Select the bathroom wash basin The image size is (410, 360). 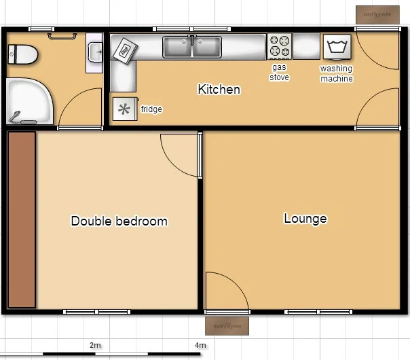[94, 52]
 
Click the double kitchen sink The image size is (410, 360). [192, 48]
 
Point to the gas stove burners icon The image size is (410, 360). [279, 47]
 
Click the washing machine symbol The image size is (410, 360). [337, 48]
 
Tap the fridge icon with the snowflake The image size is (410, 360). [124, 109]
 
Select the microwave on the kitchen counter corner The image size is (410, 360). [124, 49]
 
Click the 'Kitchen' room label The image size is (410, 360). [219, 89]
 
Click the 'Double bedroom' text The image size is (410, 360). [119, 221]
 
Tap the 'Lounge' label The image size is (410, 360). [305, 218]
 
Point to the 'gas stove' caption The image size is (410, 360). [280, 73]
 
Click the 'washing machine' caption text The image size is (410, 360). [337, 73]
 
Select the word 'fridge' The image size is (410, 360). [151, 109]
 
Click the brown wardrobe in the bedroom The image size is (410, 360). [22, 219]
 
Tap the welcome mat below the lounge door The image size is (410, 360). [227, 325]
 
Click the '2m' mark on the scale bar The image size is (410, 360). [95, 345]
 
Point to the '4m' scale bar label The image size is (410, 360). [200, 345]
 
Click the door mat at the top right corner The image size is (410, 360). [375, 14]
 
